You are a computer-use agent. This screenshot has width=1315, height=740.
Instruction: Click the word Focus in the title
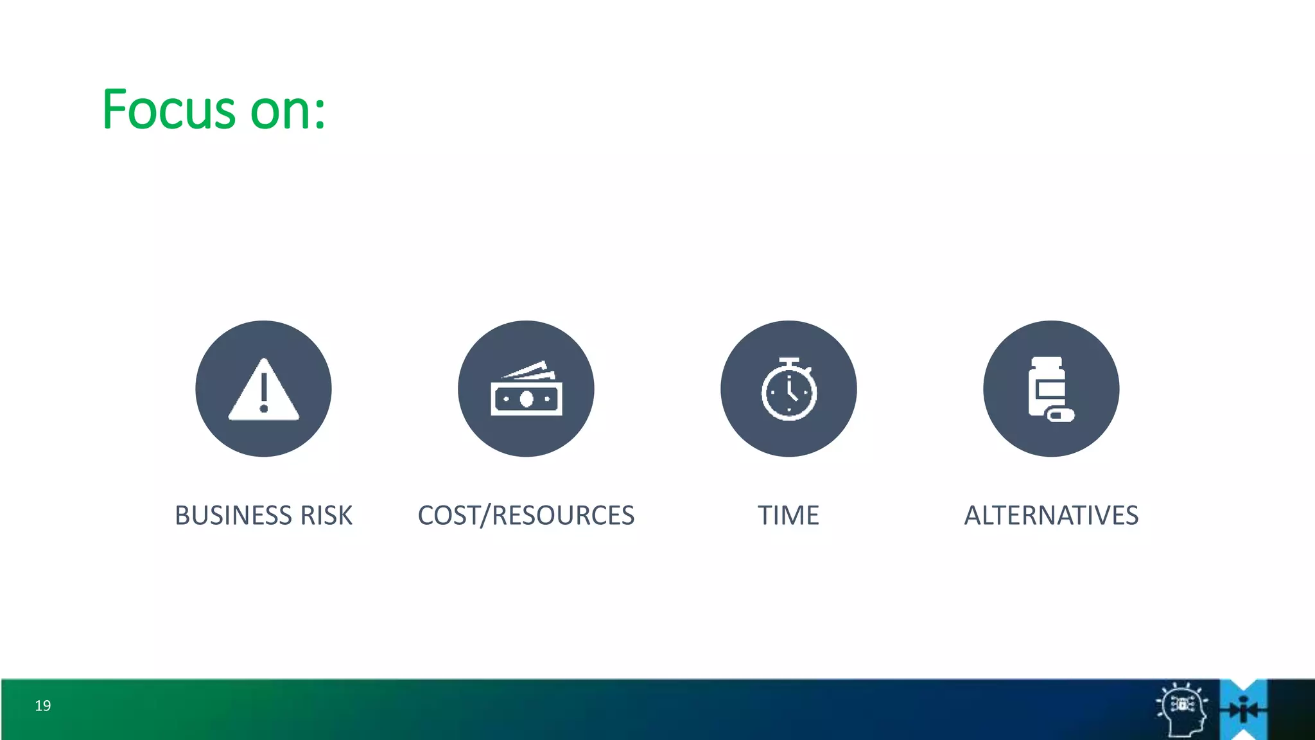169,110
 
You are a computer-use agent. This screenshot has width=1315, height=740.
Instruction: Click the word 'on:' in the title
288,111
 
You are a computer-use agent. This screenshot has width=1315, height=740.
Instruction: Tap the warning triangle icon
263,390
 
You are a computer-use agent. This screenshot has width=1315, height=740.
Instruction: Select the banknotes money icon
527,389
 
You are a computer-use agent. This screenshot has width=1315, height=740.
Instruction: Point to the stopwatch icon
788,389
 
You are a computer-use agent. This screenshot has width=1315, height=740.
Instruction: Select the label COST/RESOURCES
526,515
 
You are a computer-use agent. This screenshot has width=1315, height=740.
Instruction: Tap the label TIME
788,515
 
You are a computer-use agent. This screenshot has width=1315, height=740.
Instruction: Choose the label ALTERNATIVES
1051,515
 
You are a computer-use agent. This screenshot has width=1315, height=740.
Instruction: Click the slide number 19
43,705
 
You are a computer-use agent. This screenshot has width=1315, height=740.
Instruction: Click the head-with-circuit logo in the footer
1182,709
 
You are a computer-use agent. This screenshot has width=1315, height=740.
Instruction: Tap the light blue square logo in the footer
1244,709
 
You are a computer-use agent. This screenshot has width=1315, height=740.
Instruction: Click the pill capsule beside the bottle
1060,415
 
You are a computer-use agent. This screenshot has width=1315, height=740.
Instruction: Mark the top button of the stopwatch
788,361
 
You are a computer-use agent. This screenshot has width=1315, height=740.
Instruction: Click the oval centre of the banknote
527,399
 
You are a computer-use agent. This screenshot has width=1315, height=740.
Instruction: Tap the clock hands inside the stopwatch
791,391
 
